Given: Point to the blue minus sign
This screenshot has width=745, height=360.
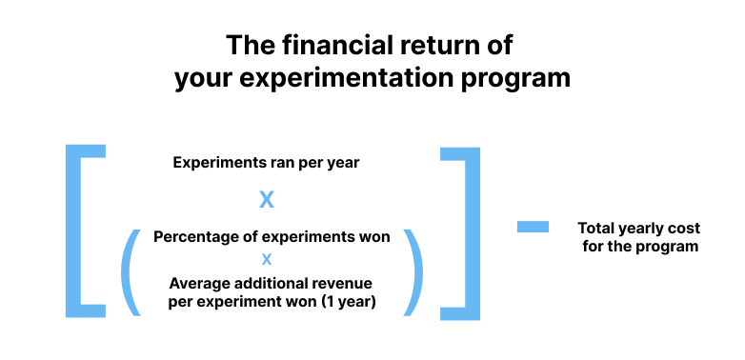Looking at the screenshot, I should click(533, 227).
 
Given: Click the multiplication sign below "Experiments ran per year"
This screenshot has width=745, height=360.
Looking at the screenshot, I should click(267, 200).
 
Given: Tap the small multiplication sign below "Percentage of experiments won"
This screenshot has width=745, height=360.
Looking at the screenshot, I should click(267, 259).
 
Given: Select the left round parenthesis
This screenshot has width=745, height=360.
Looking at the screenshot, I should click(131, 271).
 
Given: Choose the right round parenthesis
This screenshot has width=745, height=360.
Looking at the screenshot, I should click(413, 271).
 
